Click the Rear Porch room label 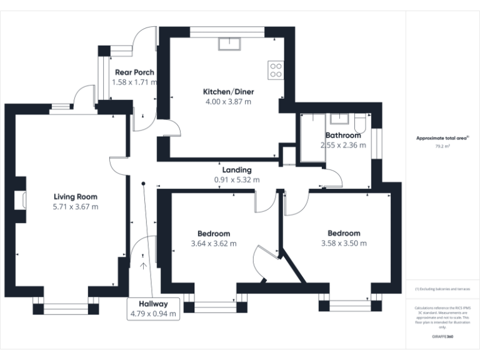(134, 72)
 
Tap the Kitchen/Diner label (228, 92)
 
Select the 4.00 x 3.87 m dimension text (228, 102)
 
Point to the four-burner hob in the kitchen (275, 69)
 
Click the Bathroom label (343, 136)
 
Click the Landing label (237, 170)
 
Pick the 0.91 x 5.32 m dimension (237, 180)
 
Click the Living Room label (75, 196)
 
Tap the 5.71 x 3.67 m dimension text (75, 206)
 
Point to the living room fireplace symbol (24, 201)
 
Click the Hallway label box (154, 309)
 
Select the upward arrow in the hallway (144, 266)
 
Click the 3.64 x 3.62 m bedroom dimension (214, 244)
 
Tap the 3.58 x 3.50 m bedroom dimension (344, 244)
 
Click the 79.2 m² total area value (442, 146)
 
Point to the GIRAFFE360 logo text (442, 337)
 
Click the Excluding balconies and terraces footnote (442, 289)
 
